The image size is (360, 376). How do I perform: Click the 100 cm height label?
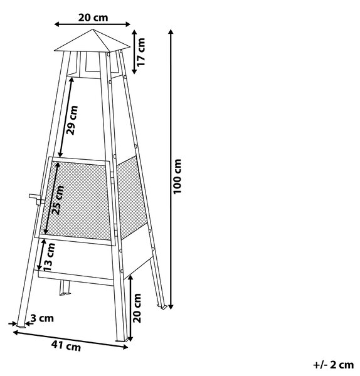pos(177,176)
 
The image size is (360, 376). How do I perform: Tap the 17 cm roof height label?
pos(141,52)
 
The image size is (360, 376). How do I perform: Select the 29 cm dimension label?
pos(72,120)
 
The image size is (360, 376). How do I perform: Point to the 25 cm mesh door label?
pos(58,201)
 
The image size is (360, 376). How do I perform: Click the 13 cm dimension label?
pos(50,257)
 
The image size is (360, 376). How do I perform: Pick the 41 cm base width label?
pos(66,346)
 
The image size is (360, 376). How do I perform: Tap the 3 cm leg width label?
pos(42,318)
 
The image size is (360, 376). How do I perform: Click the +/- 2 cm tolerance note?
pos(334,365)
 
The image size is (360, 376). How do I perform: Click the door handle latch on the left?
pos(36,199)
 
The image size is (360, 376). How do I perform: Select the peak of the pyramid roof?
pos(93,29)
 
